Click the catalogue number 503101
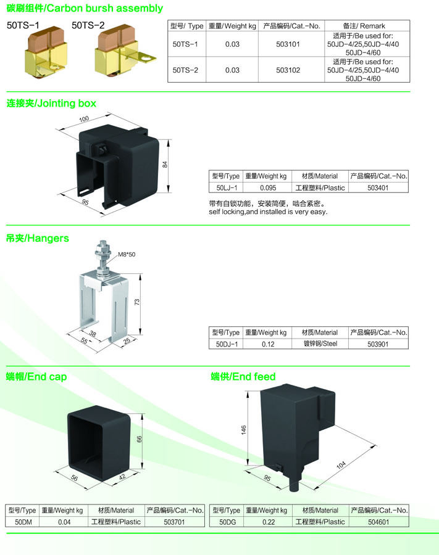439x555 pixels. point(288,45)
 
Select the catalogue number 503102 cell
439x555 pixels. point(288,70)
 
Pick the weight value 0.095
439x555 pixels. point(267,187)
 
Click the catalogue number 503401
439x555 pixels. point(377,187)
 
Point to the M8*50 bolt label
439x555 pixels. point(127,254)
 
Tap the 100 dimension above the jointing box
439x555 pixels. point(84,118)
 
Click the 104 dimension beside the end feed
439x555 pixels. point(342,468)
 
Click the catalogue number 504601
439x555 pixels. point(377,522)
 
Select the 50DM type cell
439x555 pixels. point(23,522)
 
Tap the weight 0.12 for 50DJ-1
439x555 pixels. point(267,344)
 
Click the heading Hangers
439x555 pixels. point(38,238)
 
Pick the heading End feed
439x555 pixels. point(243,376)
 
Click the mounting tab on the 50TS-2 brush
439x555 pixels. point(144,61)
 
